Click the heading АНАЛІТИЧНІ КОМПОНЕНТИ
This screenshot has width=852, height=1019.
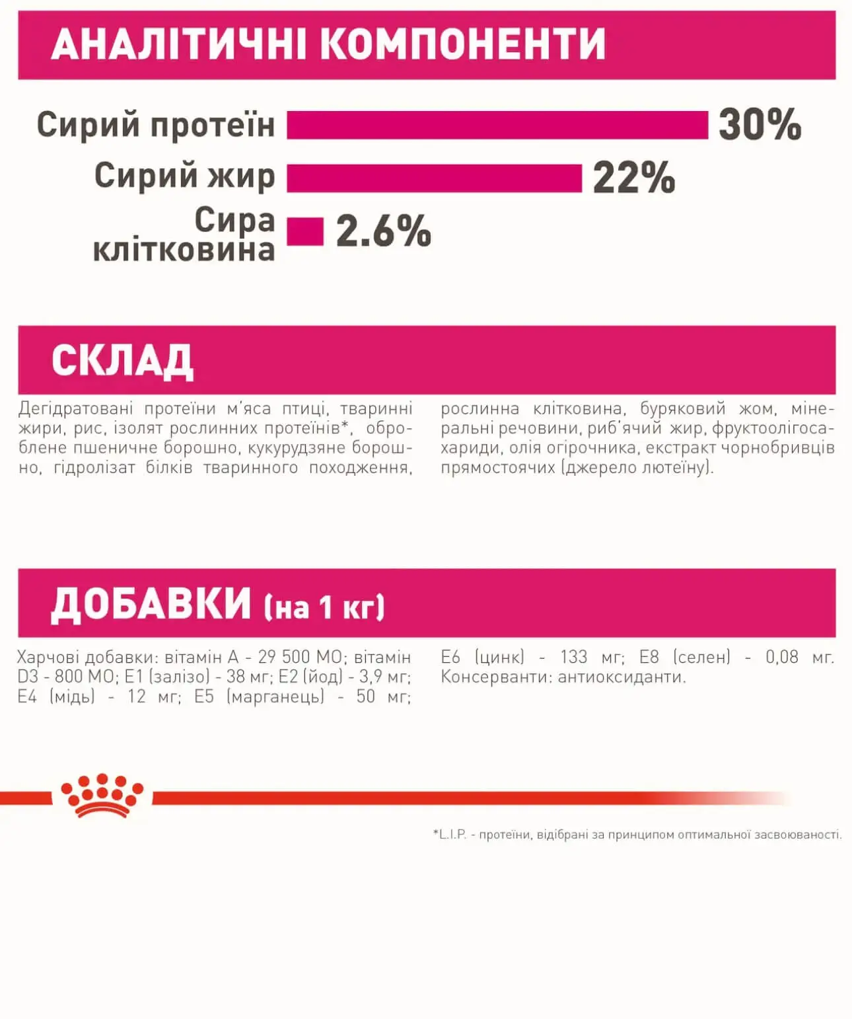point(328,44)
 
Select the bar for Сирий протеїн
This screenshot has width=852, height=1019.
point(497,125)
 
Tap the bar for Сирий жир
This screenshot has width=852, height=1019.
point(434,178)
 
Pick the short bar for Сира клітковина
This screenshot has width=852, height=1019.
point(304,232)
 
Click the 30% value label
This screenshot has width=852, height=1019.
point(760,125)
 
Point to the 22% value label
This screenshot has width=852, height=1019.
point(633,178)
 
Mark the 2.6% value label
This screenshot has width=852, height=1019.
point(383,232)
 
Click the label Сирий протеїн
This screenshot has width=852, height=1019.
point(155,125)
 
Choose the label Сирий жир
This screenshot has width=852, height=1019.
point(184,176)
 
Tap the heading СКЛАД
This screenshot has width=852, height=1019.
point(122,361)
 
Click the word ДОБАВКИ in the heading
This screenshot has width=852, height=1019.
point(151,605)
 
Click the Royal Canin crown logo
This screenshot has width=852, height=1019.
point(102,796)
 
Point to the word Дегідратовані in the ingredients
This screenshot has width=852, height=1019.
point(75,409)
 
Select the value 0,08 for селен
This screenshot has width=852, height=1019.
point(781,658)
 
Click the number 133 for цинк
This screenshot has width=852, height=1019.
point(573,658)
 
